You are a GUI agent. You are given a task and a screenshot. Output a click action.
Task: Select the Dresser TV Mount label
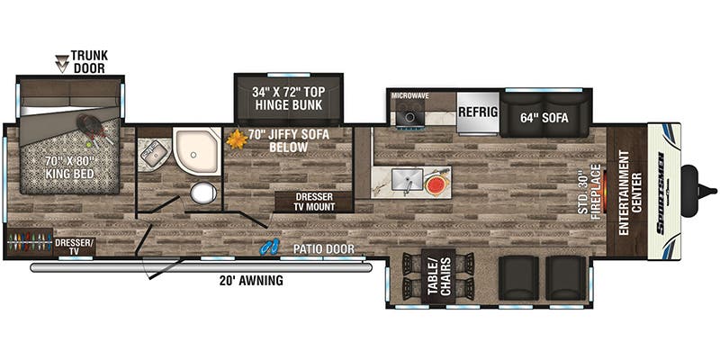(306, 202)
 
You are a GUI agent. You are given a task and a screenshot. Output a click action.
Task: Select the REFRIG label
(479, 112)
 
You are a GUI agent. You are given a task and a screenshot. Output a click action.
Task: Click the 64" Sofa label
(544, 115)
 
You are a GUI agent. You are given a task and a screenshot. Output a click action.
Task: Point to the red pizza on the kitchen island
(436, 183)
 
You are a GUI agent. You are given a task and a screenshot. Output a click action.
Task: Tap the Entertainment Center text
(629, 190)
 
